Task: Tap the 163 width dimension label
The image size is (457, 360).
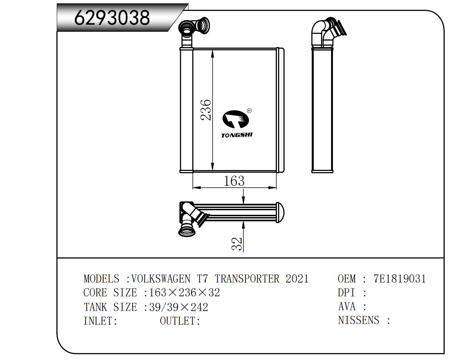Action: click(234, 181)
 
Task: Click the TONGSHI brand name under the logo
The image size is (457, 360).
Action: click(237, 135)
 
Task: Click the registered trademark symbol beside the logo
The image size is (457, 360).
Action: click(249, 111)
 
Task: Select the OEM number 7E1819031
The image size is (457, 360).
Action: click(399, 279)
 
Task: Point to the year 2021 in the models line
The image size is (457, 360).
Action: click(297, 279)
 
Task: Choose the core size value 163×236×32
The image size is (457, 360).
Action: click(184, 292)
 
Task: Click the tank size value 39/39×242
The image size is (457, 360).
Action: click(178, 307)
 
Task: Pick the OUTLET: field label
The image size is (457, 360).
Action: click(180, 321)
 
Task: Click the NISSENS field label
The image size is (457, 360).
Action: click(359, 320)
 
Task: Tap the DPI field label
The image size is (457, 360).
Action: click(347, 292)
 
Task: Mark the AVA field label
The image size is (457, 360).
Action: click(347, 307)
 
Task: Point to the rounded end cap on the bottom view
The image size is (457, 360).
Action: click(280, 212)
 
